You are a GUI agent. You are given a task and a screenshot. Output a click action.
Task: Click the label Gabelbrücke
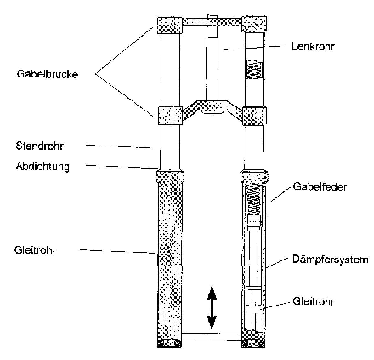pyautogui.click(x=48, y=74)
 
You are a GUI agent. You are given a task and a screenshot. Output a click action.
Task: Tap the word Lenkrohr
pyautogui.click(x=313, y=46)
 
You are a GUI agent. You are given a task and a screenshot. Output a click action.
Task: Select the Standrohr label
pyautogui.click(x=39, y=146)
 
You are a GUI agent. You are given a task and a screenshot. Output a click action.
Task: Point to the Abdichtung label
pyautogui.click(x=42, y=166)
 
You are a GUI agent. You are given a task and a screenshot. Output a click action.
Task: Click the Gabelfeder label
pyautogui.click(x=320, y=186)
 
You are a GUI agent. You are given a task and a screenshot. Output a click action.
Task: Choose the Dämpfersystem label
pyautogui.click(x=331, y=260)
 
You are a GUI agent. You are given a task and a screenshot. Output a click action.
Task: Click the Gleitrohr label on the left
pyautogui.click(x=35, y=250)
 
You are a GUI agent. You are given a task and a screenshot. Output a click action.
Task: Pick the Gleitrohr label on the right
pyautogui.click(x=314, y=301)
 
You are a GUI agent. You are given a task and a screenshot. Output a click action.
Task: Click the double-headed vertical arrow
pyautogui.click(x=212, y=307)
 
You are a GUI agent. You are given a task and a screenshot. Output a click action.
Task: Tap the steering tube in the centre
pyautogui.click(x=212, y=69)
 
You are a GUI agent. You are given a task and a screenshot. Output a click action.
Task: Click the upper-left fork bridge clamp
pyautogui.click(x=170, y=26)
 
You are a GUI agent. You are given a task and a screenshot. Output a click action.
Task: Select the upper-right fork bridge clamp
pyautogui.click(x=254, y=25)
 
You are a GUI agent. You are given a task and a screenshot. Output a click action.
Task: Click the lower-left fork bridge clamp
pyautogui.click(x=170, y=116)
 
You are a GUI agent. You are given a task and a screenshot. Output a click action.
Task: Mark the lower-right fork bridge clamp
pyautogui.click(x=254, y=116)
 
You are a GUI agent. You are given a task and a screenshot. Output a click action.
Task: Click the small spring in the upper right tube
pyautogui.click(x=254, y=70)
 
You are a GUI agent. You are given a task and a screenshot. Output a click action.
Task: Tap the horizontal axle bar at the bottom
pyautogui.click(x=212, y=336)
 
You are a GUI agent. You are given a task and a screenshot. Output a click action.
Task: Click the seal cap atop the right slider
pyautogui.click(x=254, y=177)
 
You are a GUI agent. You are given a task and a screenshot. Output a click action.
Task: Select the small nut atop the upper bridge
pyautogui.click(x=212, y=17)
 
